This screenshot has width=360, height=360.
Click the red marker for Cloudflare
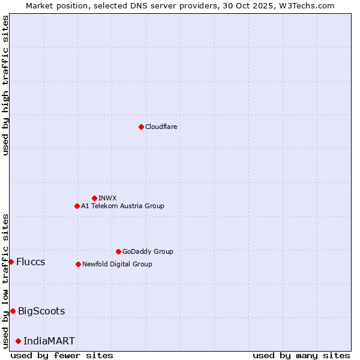pyautogui.click(x=141, y=127)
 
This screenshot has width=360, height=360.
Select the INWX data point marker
pyautogui.click(x=94, y=198)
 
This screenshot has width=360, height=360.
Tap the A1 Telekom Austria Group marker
pyautogui.click(x=77, y=206)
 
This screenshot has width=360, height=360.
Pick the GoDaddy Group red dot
pyautogui.click(x=118, y=251)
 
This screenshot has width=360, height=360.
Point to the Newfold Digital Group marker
pyautogui.click(x=78, y=264)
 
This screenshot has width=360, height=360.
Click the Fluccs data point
pyautogui.click(x=11, y=262)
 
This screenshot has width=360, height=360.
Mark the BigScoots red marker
pyautogui.click(x=13, y=311)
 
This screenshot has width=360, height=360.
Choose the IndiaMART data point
pyautogui.click(x=18, y=341)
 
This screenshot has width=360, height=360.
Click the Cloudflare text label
pyautogui.click(x=161, y=127)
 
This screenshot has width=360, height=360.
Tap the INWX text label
pyautogui.click(x=107, y=198)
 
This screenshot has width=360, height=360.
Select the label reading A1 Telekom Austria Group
pyautogui.click(x=122, y=206)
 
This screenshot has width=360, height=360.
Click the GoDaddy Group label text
pyautogui.click(x=148, y=251)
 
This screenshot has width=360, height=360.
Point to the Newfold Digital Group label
pyautogui.click(x=117, y=264)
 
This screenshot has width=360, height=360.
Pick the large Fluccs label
pyautogui.click(x=31, y=262)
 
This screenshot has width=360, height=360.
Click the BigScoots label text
pyautogui.click(x=41, y=311)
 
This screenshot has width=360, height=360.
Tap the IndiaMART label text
pyautogui.click(x=49, y=341)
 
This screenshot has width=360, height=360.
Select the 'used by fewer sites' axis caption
pyautogui.click(x=62, y=355)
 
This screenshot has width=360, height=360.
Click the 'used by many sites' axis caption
pyautogui.click(x=301, y=355)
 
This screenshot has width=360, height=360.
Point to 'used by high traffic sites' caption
pyautogui.click(x=5, y=85)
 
